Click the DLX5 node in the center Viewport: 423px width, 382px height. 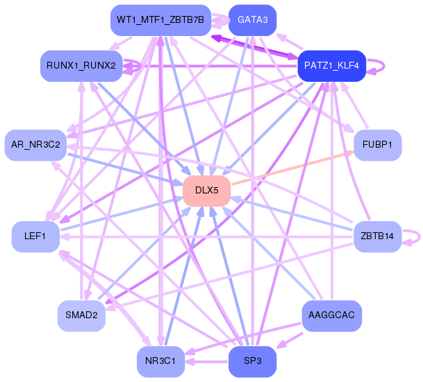(207, 191)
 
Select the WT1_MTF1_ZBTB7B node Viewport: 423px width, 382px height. (160, 20)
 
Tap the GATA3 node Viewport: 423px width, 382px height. (253, 20)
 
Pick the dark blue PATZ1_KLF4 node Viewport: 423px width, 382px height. (332, 66)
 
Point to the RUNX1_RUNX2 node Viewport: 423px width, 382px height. (81, 66)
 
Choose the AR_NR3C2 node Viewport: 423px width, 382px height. (35, 145)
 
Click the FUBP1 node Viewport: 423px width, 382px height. (377, 145)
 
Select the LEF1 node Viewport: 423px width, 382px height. (35, 236)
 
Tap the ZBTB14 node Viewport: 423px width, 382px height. (377, 236)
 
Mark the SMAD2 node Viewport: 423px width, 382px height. (81, 315)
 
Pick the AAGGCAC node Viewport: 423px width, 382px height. (331, 315)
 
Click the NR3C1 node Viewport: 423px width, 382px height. (160, 361)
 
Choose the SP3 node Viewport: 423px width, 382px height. (253, 361)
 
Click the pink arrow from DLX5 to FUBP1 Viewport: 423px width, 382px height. (292, 168)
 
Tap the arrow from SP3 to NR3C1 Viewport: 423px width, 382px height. (206, 361)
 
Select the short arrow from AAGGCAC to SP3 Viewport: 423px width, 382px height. (290, 341)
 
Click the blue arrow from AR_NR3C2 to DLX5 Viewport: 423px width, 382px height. (125, 170)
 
